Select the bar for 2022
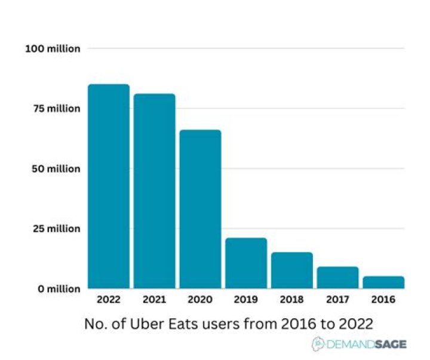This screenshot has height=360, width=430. pyautogui.click(x=109, y=186)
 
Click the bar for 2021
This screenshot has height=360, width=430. pyautogui.click(x=154, y=191)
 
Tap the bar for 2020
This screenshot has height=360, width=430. pyautogui.click(x=200, y=209)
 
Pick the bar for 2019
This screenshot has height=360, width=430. pyautogui.click(x=246, y=263)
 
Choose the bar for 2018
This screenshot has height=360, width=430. pyautogui.click(x=292, y=270)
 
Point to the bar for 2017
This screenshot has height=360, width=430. pyautogui.click(x=337, y=278)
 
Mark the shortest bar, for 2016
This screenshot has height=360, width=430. pyautogui.click(x=383, y=282)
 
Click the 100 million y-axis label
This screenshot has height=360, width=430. pyautogui.click(x=53, y=48)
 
